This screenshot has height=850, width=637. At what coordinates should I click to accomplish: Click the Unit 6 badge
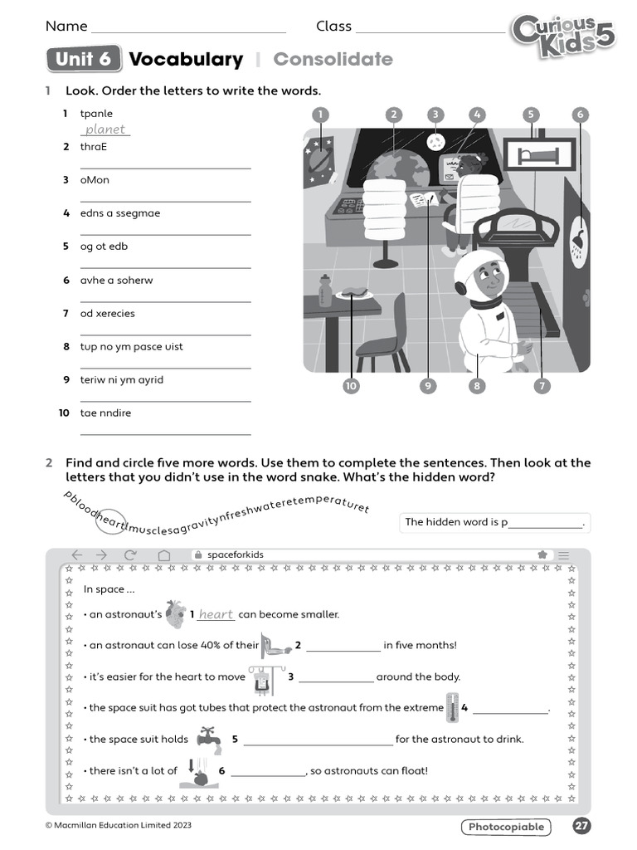84,59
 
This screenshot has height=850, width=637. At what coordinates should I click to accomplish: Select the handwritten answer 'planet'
105,129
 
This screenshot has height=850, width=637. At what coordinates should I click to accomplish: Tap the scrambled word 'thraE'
94,147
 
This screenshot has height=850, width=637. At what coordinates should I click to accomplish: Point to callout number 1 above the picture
320,115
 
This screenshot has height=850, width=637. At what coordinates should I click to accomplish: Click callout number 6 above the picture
580,115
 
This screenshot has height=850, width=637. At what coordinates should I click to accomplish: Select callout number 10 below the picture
351,386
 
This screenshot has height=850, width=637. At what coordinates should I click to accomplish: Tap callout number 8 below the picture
476,386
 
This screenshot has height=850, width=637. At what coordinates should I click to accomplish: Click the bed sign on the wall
539,154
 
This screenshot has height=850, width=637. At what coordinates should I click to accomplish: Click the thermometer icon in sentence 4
451,707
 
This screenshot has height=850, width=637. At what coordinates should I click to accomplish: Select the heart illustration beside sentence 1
175,614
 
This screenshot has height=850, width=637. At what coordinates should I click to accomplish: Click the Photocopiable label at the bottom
507,826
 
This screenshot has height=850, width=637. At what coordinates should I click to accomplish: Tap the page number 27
581,826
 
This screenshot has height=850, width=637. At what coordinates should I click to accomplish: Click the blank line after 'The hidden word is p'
545,523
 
